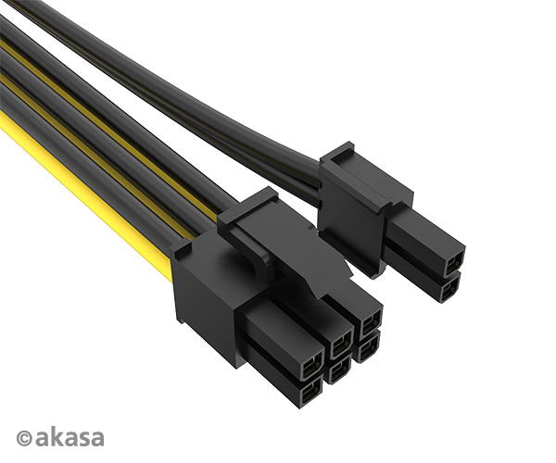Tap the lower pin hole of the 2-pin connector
click(x=449, y=290)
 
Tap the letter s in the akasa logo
click(x=81, y=438)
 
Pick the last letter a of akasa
click(x=95, y=438)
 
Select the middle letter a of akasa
click(x=68, y=438)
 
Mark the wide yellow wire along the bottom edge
click(x=83, y=199)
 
